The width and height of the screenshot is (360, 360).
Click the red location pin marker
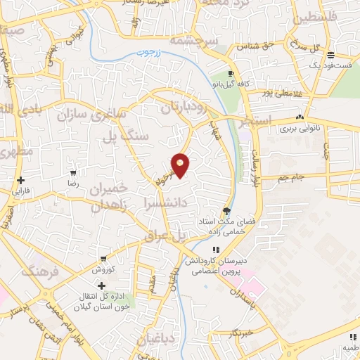181,165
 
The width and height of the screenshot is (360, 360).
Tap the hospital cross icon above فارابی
21,180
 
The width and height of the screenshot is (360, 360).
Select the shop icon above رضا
73,172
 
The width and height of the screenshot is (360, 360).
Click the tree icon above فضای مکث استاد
226,210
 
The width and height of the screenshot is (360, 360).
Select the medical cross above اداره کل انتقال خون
101,285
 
